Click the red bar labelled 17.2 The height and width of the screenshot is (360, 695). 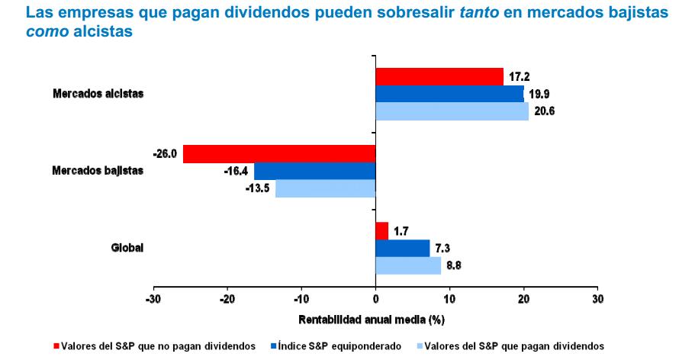[439, 76]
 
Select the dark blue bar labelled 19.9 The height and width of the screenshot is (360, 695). [449, 94]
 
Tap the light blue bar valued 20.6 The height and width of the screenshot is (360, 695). [452, 111]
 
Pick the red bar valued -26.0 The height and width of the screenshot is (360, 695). [279, 153]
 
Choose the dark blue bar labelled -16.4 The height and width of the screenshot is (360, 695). [314, 171]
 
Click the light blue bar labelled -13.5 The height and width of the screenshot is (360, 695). [325, 188]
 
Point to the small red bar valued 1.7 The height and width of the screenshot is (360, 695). [382, 230]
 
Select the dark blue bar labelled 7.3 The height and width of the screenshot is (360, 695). [403, 248]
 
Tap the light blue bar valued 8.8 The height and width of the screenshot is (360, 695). [408, 265]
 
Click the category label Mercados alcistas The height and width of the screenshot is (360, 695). [98, 94]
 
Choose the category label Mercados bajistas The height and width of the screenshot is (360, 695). [98, 171]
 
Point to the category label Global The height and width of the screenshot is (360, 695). [127, 248]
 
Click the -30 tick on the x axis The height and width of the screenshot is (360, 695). [153, 297]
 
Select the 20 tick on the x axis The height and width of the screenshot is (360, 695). [524, 297]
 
